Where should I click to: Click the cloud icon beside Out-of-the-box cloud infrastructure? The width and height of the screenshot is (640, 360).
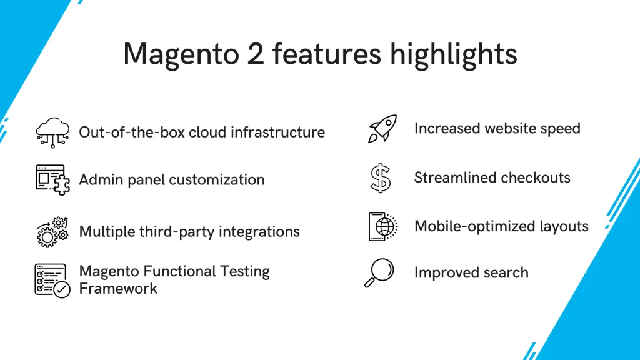coord(52,132)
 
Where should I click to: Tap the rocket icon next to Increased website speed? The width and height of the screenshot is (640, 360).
coord(381,128)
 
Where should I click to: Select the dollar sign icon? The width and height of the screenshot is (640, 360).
coord(380,178)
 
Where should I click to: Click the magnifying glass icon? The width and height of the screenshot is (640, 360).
coord(379,274)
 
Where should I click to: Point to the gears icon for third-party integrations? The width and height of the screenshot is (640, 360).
coord(52,231)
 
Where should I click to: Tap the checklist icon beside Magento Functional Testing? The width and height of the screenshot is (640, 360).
coord(52,279)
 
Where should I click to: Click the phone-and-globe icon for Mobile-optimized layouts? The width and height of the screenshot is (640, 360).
coord(382,226)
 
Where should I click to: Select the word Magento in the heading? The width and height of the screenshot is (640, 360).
coord(176,54)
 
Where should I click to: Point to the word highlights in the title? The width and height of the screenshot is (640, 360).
coord(454,54)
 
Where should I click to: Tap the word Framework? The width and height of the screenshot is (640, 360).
coord(118,289)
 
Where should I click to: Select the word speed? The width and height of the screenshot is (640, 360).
coord(561,129)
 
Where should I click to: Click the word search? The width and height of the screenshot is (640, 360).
coord(506,273)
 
